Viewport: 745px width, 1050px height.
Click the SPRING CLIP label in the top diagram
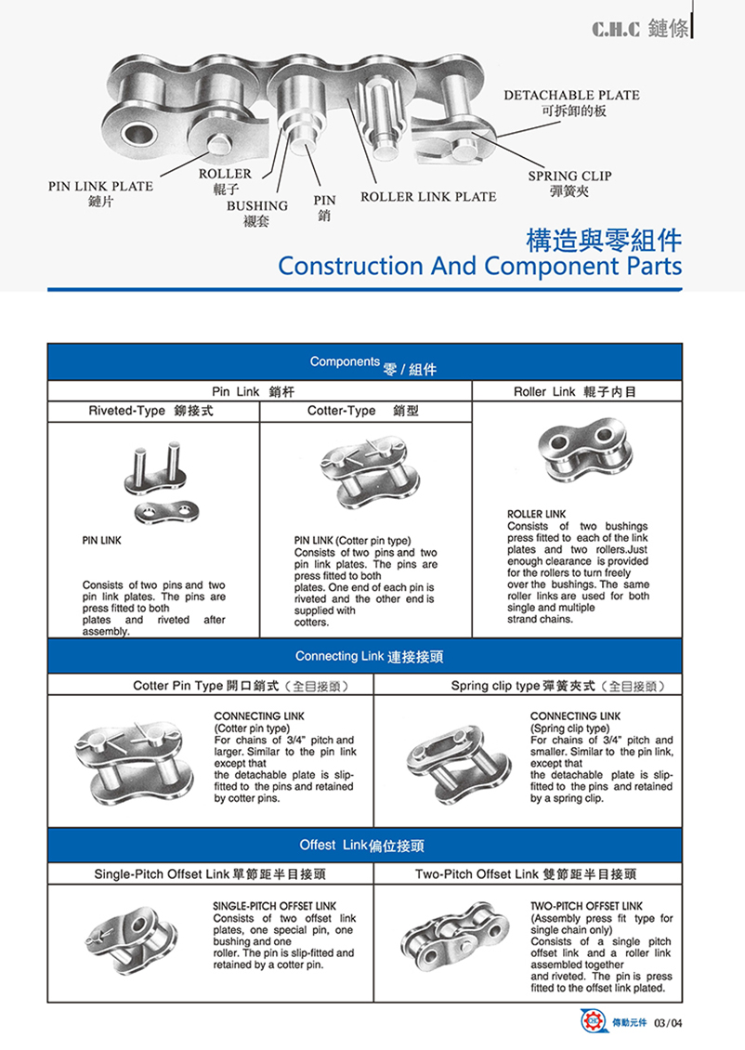[x=569, y=176]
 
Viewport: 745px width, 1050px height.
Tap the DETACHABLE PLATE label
[x=571, y=95]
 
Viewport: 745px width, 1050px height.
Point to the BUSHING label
[x=257, y=205]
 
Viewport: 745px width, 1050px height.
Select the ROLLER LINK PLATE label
[x=428, y=196]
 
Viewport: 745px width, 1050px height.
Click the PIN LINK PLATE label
[x=100, y=186]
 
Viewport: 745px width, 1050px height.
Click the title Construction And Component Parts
[x=479, y=266]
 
